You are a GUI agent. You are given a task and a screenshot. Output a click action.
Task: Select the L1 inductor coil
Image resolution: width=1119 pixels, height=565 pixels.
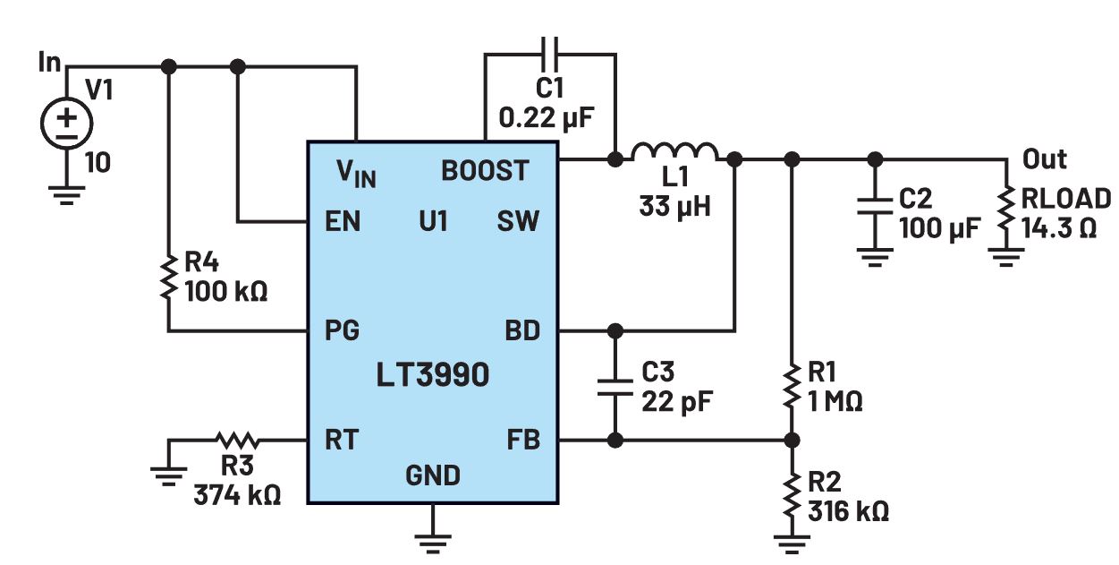[674, 152]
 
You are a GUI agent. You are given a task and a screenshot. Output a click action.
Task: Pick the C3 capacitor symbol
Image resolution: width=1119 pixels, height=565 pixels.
[615, 385]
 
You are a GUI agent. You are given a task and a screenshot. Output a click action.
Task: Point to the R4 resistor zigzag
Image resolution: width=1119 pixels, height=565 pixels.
[168, 278]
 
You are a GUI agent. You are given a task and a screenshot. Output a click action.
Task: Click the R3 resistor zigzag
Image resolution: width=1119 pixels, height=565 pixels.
[236, 441]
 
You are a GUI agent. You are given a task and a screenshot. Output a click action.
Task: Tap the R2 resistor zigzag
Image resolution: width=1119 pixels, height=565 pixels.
[792, 492]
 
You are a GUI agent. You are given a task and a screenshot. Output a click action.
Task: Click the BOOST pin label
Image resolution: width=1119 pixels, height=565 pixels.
[485, 171]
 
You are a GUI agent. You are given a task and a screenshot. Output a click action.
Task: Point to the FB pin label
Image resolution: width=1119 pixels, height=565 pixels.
[523, 441]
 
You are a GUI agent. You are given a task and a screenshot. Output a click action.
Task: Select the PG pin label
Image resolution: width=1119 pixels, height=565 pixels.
[342, 331]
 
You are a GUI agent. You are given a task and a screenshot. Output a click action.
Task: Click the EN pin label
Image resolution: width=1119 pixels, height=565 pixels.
[343, 221]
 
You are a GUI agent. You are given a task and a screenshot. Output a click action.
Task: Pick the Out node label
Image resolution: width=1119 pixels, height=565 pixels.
[1045, 159]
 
